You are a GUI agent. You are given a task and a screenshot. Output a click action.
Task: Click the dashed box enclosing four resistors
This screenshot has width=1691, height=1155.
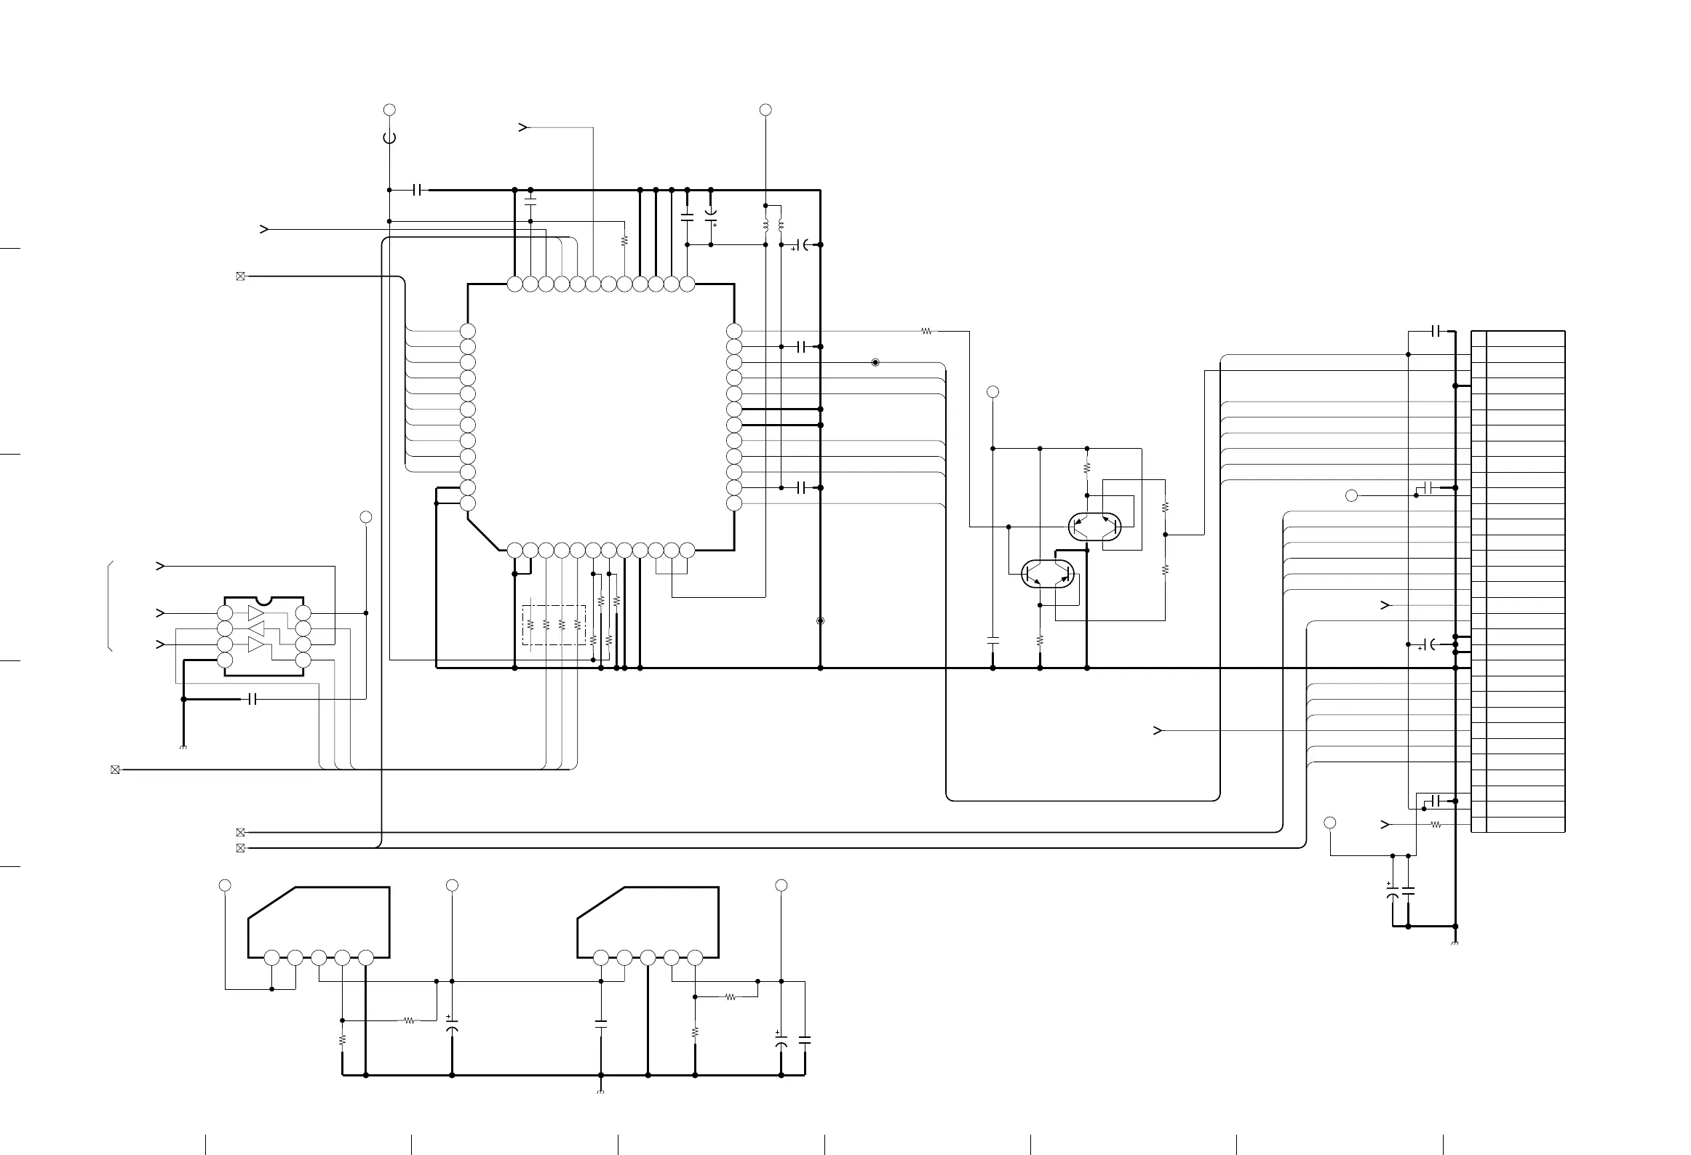pos(554,624)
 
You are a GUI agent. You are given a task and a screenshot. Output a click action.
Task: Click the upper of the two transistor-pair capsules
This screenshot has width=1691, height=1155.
pos(1094,527)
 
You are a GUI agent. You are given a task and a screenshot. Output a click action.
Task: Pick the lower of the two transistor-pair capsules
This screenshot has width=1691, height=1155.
pos(1048,573)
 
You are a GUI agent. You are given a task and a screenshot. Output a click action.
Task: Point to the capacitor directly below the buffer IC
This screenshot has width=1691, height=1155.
pos(252,699)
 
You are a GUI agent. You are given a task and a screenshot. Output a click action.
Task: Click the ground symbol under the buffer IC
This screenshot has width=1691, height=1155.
pos(183,747)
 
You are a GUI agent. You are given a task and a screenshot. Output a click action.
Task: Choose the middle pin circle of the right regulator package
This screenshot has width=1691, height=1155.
pos(648,957)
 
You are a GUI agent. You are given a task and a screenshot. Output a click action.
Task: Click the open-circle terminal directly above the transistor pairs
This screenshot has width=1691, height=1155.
pos(992,392)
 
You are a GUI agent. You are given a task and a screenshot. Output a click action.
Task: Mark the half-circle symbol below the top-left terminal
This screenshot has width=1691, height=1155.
pos(389,137)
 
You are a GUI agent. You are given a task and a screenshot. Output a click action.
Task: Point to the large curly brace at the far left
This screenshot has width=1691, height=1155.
pos(111,606)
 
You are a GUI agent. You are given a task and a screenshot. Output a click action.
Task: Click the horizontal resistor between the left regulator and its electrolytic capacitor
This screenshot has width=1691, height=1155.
pos(410,1020)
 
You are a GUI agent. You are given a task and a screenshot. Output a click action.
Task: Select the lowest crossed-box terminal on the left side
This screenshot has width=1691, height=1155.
pos(241,848)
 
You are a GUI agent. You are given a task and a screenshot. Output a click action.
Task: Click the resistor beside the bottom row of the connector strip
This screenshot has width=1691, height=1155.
pos(1436,824)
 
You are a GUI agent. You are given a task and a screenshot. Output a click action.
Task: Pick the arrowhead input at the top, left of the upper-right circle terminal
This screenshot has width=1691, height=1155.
pos(522,127)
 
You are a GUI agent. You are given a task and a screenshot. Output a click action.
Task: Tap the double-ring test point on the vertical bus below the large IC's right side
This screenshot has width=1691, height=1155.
pos(821,620)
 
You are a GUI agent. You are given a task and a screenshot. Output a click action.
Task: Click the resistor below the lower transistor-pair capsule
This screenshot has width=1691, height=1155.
pos(1040,640)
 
